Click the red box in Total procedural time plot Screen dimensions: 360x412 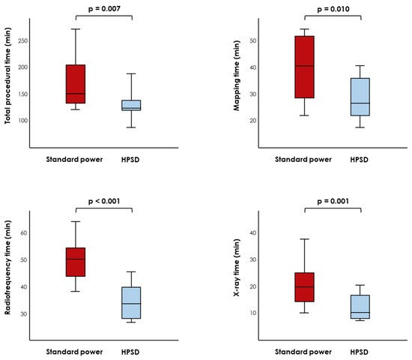76,84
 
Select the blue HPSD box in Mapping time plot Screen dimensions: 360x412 360,97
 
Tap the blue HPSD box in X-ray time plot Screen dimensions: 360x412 360,307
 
